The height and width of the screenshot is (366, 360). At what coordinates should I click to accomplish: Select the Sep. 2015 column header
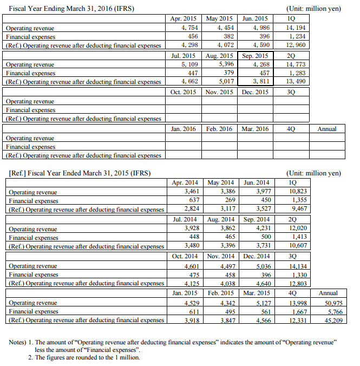[x=255, y=56]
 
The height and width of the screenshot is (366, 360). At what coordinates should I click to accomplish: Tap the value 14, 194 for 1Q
[x=293, y=27]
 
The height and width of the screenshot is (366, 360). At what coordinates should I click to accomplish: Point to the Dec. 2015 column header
[x=255, y=92]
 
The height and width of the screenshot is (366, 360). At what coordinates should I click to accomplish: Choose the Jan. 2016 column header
[x=183, y=129]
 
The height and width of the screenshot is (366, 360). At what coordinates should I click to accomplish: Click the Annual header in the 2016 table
[x=327, y=129]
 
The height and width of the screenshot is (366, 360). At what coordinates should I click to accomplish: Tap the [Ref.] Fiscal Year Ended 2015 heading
[x=80, y=173]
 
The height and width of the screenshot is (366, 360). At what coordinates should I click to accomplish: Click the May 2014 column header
[x=220, y=182]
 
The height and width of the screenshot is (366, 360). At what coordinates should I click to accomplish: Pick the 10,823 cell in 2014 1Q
[x=293, y=192]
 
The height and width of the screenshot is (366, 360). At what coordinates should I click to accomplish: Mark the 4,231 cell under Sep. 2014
[x=256, y=228]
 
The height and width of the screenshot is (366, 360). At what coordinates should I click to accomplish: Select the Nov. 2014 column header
[x=220, y=256]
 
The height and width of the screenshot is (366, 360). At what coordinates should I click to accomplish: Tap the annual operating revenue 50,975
[x=328, y=303]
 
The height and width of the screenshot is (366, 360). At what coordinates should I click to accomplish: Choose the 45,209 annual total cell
[x=328, y=321]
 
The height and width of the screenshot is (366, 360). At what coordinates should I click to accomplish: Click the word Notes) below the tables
[x=21, y=342]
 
